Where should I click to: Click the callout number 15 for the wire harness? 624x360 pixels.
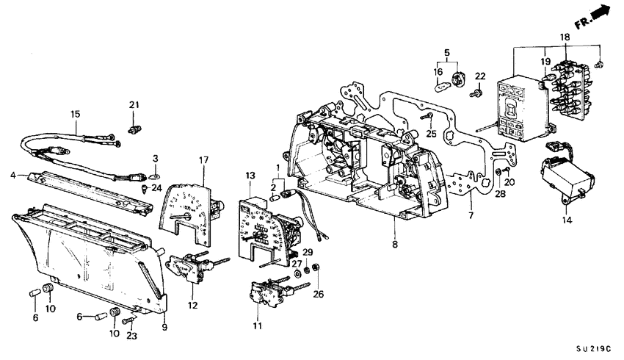click(x=75, y=114)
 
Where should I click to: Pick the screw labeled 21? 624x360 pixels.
click(x=134, y=130)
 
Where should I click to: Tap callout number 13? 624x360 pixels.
click(x=250, y=175)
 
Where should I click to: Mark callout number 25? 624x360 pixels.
click(x=432, y=134)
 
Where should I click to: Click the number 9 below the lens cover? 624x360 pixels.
click(x=164, y=327)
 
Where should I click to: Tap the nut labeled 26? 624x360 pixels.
click(x=316, y=266)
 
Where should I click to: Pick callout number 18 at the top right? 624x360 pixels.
click(x=563, y=36)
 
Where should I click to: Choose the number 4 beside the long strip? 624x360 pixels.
click(x=14, y=175)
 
